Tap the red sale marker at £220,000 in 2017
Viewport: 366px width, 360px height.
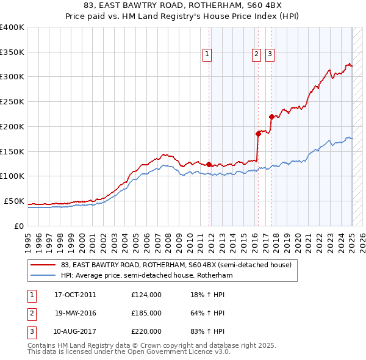coord(271,117)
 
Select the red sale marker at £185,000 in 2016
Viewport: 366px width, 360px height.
coord(258,134)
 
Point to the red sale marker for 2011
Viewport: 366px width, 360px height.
coord(209,164)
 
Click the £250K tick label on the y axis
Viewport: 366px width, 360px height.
coord(12,102)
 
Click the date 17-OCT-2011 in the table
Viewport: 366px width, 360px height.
coord(75,295)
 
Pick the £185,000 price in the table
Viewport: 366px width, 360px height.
coord(146,313)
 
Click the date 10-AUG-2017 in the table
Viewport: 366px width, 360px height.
coord(75,331)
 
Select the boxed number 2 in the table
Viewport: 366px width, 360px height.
coord(31,313)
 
